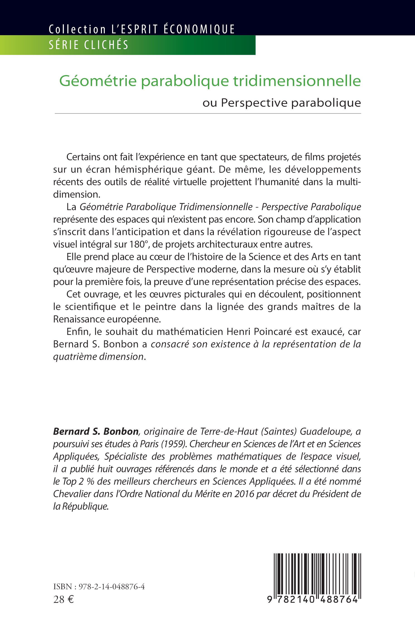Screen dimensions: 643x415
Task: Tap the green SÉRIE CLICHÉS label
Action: tap(89, 45)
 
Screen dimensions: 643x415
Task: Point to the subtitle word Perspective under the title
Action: tap(254, 103)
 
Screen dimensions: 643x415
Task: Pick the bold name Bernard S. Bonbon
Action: tap(96, 432)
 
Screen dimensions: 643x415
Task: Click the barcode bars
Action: tap(317, 574)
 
